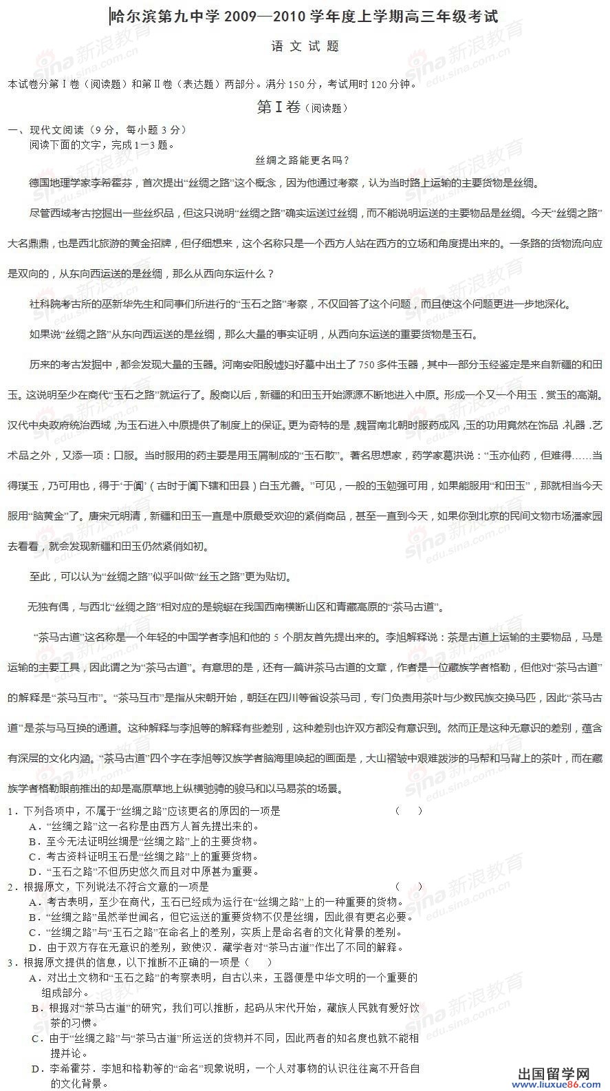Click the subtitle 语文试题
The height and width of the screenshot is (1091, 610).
coord(305,47)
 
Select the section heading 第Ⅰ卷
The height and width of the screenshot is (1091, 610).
coord(279,107)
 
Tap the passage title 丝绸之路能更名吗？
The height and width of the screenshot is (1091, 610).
coord(303,160)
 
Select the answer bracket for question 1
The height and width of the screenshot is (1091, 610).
coord(409,811)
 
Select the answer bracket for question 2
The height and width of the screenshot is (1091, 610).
coord(409,887)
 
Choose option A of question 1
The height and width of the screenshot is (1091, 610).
coord(144,826)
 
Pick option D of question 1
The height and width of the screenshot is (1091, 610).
coord(144,871)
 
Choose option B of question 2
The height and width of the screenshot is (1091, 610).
coord(220,917)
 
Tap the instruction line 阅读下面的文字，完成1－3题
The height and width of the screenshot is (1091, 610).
coord(102,145)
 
